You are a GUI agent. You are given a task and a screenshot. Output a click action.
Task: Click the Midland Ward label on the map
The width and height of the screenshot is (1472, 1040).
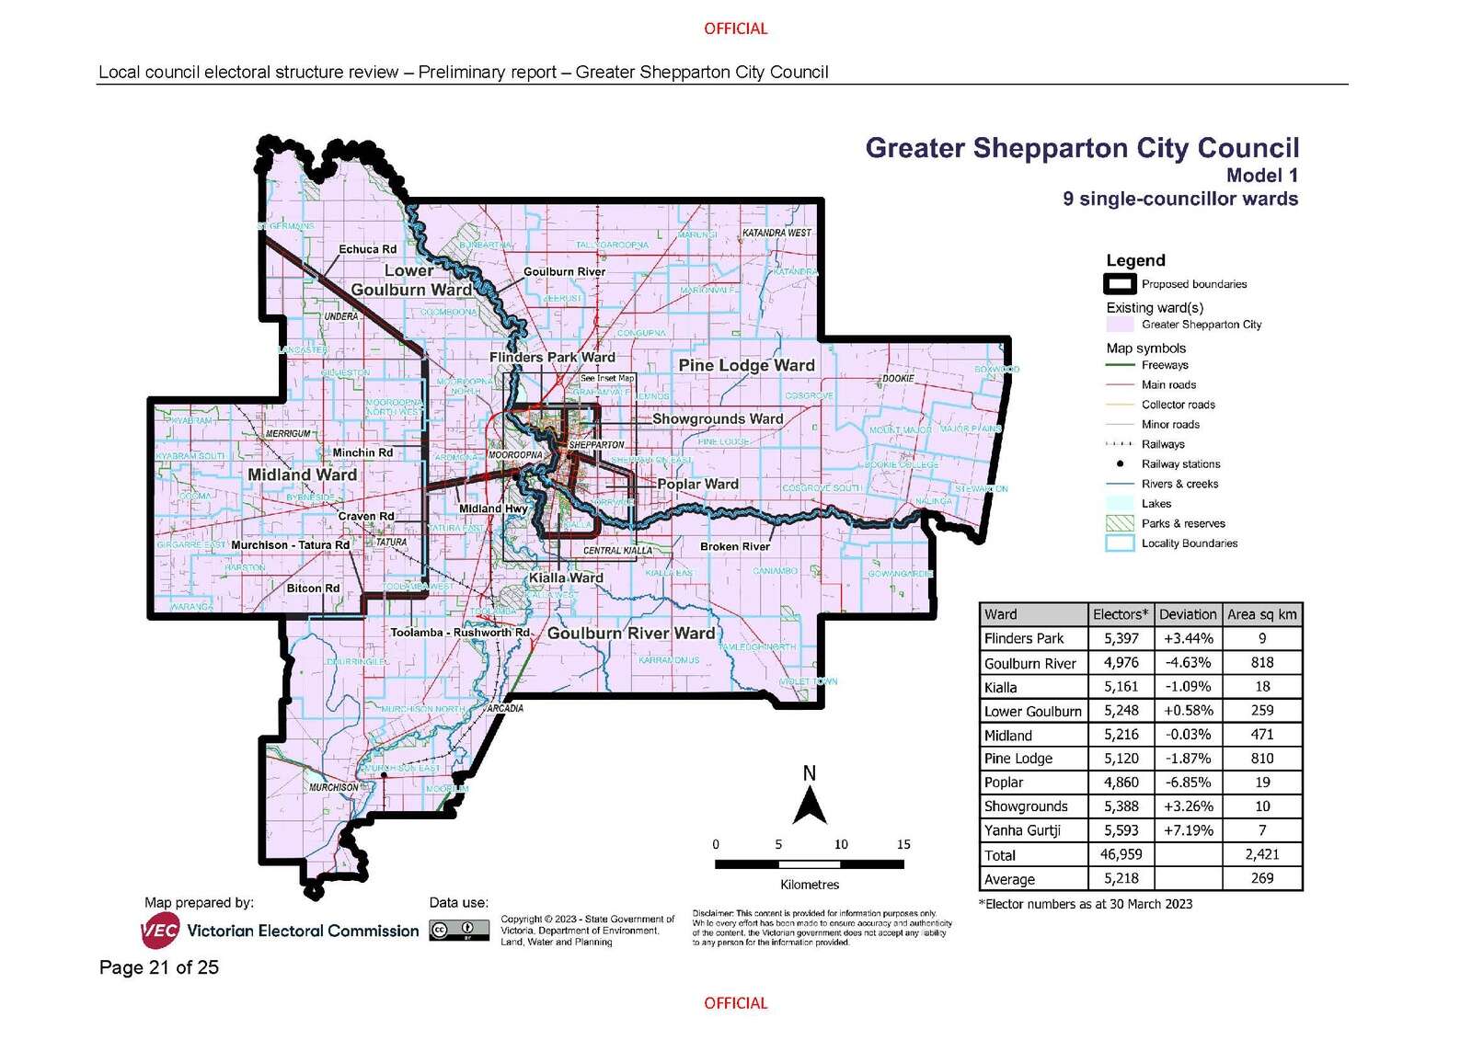[302, 474]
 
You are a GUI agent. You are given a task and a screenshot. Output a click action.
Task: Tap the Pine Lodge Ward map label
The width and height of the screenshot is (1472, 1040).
[746, 365]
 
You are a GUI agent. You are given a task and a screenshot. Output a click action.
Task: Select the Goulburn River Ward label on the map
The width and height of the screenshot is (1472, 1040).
[631, 634]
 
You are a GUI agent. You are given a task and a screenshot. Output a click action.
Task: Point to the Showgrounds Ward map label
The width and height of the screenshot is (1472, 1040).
[718, 418]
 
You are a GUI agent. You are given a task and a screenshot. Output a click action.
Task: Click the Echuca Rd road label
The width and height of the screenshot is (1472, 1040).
[367, 249]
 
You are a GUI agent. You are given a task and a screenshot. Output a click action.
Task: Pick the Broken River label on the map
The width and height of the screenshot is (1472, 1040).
[734, 546]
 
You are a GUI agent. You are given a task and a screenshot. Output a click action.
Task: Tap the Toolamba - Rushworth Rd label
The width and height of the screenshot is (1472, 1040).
[460, 633]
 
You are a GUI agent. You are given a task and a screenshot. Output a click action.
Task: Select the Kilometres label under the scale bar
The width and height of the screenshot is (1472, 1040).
[810, 885]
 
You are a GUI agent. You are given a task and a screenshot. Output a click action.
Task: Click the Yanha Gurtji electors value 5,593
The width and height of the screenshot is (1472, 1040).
[1120, 830]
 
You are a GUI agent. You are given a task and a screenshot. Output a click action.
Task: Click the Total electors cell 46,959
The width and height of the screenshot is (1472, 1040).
[1120, 854]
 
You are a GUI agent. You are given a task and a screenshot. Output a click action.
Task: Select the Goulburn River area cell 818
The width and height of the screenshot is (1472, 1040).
[1262, 663]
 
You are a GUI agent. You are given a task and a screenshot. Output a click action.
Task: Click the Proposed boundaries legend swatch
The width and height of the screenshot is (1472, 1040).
[1119, 284]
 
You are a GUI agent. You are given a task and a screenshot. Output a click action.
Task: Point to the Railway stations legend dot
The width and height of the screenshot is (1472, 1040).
[1119, 463]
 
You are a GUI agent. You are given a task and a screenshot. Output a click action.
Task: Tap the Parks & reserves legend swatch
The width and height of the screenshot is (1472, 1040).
[1119, 523]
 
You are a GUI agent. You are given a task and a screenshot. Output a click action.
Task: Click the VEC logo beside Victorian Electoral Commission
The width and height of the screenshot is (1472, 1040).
[160, 931]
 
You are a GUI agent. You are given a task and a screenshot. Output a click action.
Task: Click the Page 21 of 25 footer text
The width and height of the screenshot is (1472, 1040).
[159, 967]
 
